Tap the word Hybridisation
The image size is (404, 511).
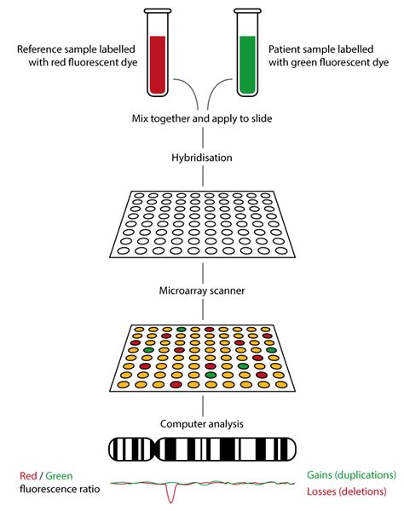tap(202, 158)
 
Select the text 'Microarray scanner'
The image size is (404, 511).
tap(202, 290)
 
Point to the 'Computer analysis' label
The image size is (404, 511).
tap(202, 423)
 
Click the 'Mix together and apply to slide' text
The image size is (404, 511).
tap(202, 118)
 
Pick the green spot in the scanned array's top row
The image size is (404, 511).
tap(181, 330)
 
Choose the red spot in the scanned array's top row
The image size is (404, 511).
tap(210, 330)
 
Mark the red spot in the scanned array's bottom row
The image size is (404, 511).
tap(176, 385)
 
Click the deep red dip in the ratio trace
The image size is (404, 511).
tap(170, 497)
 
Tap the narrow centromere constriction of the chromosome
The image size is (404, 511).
tap(155, 449)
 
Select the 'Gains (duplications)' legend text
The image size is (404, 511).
tap(351, 475)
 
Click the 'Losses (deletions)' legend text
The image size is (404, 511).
tap(347, 491)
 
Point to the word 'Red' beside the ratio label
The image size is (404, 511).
tap(28, 476)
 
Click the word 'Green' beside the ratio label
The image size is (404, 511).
tap(59, 476)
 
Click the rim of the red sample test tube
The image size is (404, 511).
tap(158, 11)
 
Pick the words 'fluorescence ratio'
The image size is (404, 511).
tap(60, 489)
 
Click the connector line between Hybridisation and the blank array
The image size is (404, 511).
tap(203, 176)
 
